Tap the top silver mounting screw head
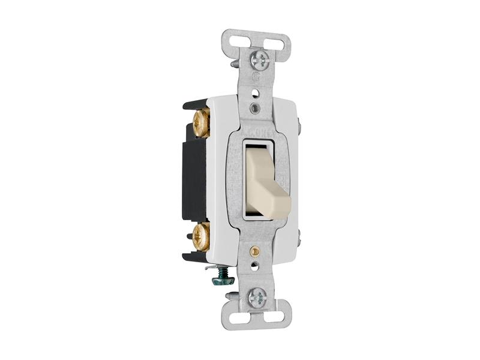pos(259,59)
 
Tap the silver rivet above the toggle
pos(257,108)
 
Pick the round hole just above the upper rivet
pos(257,94)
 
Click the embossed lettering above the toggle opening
pos(259,130)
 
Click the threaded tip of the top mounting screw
pos(235,62)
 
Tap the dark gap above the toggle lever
pos(259,146)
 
